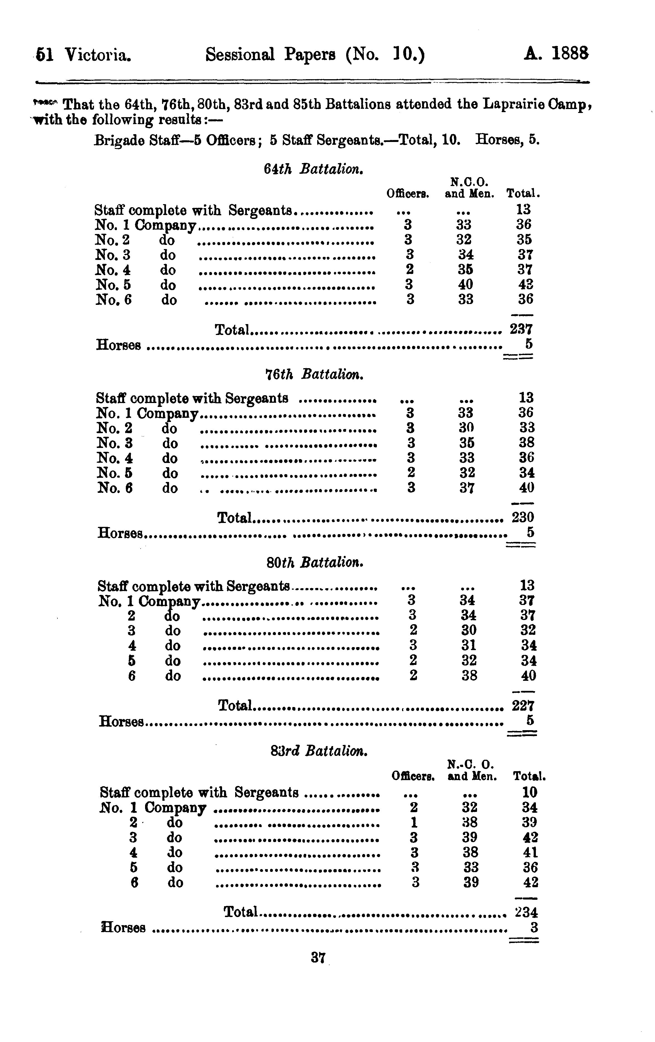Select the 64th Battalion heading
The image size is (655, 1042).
pyautogui.click(x=313, y=169)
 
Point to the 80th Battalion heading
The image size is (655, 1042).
pyautogui.click(x=314, y=563)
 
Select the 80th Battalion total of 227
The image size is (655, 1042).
pyautogui.click(x=523, y=706)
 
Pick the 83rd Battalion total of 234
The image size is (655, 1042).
pyautogui.click(x=526, y=912)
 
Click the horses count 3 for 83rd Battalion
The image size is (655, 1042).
pyautogui.click(x=534, y=927)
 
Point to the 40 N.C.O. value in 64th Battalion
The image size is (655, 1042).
pyautogui.click(x=465, y=284)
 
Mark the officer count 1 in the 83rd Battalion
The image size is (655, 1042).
pyautogui.click(x=414, y=822)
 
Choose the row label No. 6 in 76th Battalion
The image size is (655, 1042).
pyautogui.click(x=114, y=488)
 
